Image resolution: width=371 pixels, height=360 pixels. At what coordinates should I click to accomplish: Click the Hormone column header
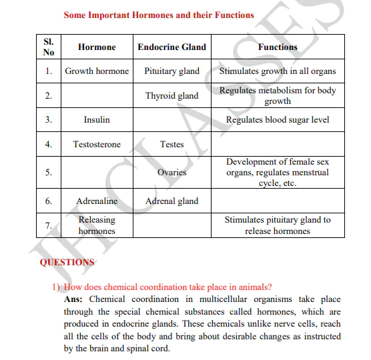pyautogui.click(x=97, y=47)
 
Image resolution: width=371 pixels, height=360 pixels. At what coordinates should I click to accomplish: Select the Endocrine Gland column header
pyautogui.click(x=171, y=47)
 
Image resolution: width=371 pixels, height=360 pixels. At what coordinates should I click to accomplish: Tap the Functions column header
pyautogui.click(x=278, y=47)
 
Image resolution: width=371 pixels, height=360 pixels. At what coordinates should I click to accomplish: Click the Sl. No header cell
pyautogui.click(x=49, y=47)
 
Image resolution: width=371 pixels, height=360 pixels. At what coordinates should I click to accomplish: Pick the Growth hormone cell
pyautogui.click(x=97, y=71)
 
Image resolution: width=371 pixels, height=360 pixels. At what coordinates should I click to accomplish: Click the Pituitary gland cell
pyautogui.click(x=171, y=71)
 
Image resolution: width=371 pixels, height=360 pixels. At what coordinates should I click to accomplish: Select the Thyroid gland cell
pyautogui.click(x=171, y=96)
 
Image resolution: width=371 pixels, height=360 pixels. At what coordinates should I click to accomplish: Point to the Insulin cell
pyautogui.click(x=97, y=120)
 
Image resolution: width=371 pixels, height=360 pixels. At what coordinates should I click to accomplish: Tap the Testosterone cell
pyautogui.click(x=97, y=145)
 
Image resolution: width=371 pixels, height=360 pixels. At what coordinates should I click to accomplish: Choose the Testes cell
pyautogui.click(x=171, y=145)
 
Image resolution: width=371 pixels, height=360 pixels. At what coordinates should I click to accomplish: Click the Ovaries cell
pyautogui.click(x=171, y=173)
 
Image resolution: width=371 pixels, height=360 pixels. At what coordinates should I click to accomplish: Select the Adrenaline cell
pyautogui.click(x=97, y=201)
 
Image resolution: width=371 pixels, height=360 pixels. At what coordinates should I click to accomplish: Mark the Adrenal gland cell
pyautogui.click(x=171, y=201)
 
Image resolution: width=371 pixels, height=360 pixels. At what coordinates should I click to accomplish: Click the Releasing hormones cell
pyautogui.click(x=97, y=225)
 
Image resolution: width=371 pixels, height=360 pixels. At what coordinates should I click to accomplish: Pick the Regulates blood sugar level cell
pyautogui.click(x=278, y=120)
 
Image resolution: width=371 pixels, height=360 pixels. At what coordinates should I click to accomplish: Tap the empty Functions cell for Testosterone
pyautogui.click(x=278, y=145)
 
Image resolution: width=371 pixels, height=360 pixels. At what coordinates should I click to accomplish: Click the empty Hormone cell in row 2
pyautogui.click(x=97, y=96)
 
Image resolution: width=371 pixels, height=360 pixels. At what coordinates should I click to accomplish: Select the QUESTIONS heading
pyautogui.click(x=67, y=262)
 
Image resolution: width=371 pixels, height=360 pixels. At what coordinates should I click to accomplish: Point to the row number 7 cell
pyautogui.click(x=49, y=225)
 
